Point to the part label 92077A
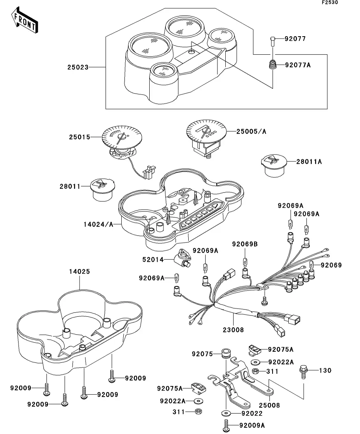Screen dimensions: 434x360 click(298, 65)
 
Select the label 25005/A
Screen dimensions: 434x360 click(251, 131)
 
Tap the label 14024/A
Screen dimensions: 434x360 click(98, 224)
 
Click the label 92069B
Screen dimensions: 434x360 click(244, 244)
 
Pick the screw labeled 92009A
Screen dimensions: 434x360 click(225, 425)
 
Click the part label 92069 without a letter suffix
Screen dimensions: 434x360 click(331, 265)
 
